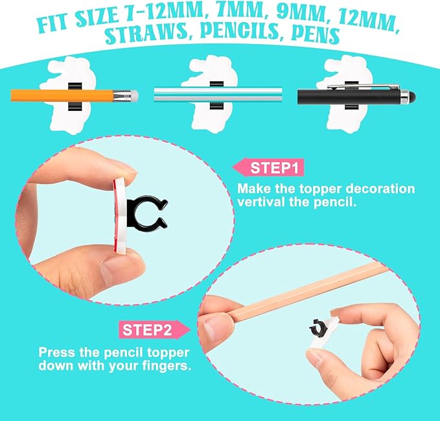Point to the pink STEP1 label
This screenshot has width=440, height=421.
coord(268,169)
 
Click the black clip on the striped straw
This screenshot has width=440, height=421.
coord(214,95)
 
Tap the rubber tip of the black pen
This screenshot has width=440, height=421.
coord(412,97)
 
